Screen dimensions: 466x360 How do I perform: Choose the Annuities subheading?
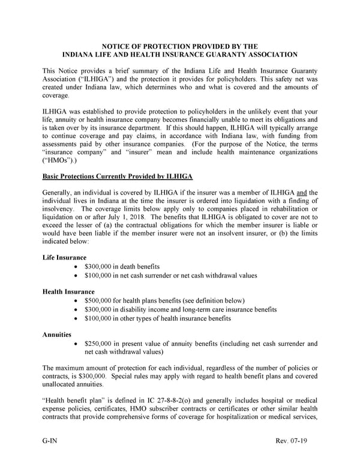[x=58, y=334]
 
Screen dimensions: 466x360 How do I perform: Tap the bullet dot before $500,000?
[x=74, y=300]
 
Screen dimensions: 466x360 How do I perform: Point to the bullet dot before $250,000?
[x=74, y=344]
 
